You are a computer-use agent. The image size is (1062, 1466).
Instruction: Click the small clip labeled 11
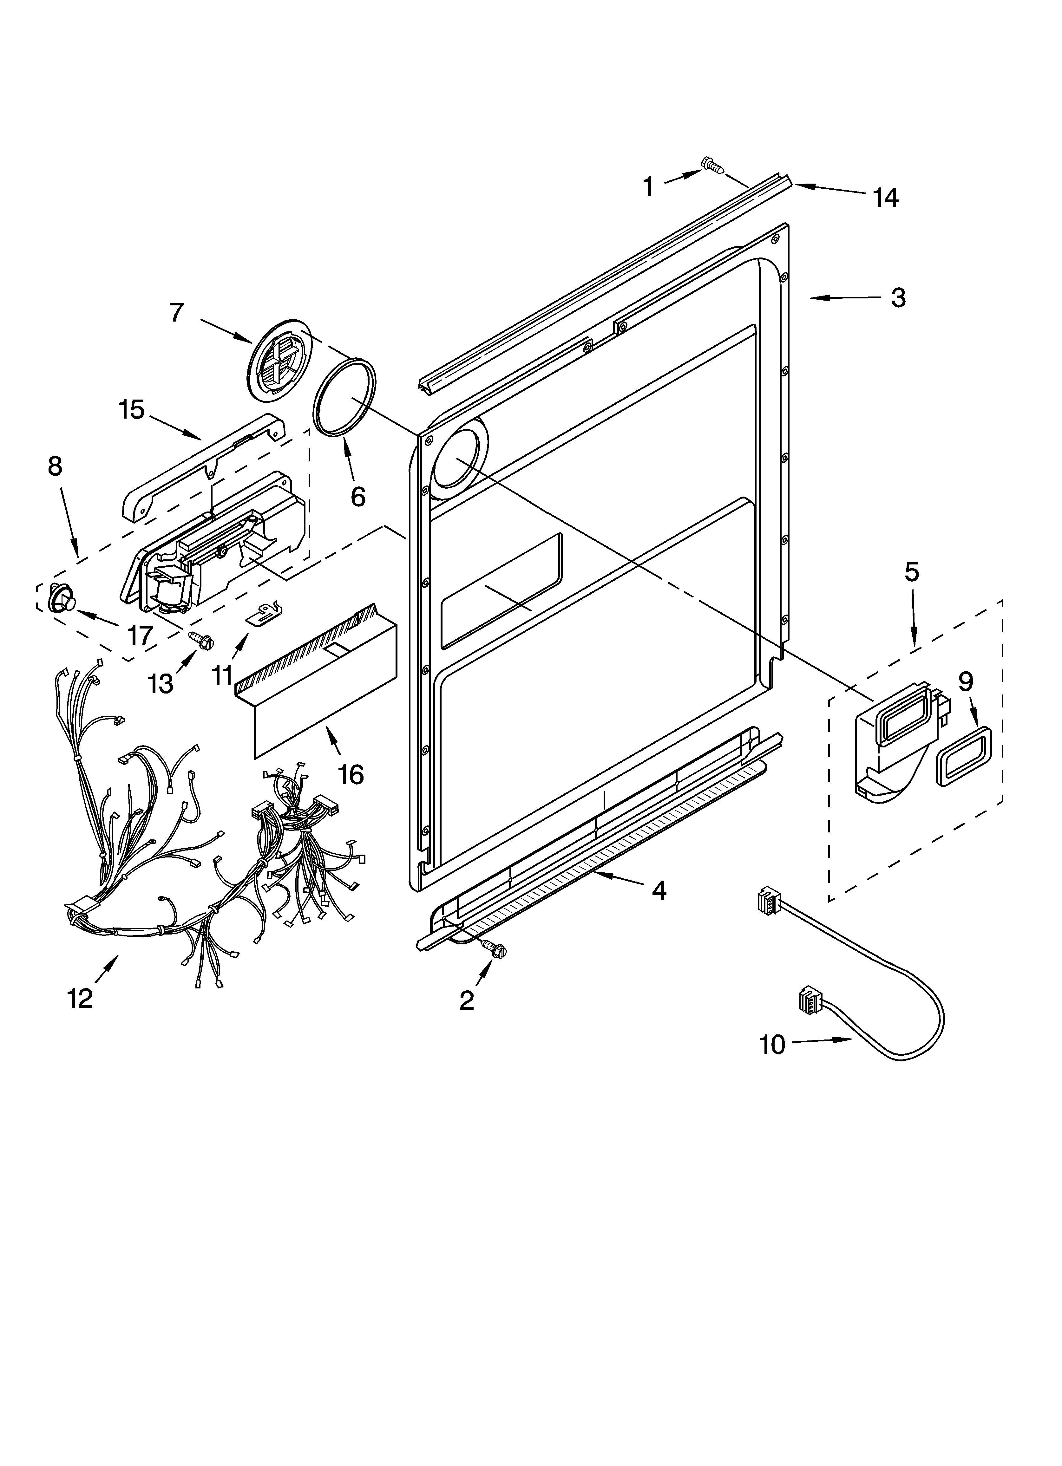(265, 612)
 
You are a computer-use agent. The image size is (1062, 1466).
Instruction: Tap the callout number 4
(659, 891)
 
